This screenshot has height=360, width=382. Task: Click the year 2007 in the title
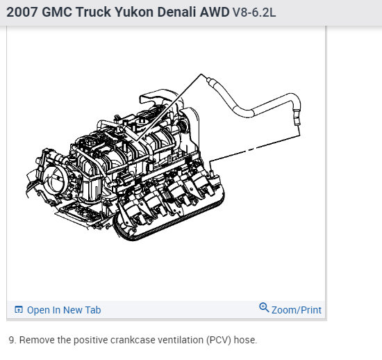(x=22, y=13)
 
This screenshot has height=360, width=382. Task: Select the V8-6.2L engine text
(x=254, y=13)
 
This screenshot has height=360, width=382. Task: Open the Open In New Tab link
(x=64, y=310)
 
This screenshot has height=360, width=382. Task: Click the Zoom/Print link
(x=297, y=310)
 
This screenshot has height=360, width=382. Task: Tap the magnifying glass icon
(x=264, y=307)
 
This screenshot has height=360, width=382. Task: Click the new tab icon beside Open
(x=19, y=309)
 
